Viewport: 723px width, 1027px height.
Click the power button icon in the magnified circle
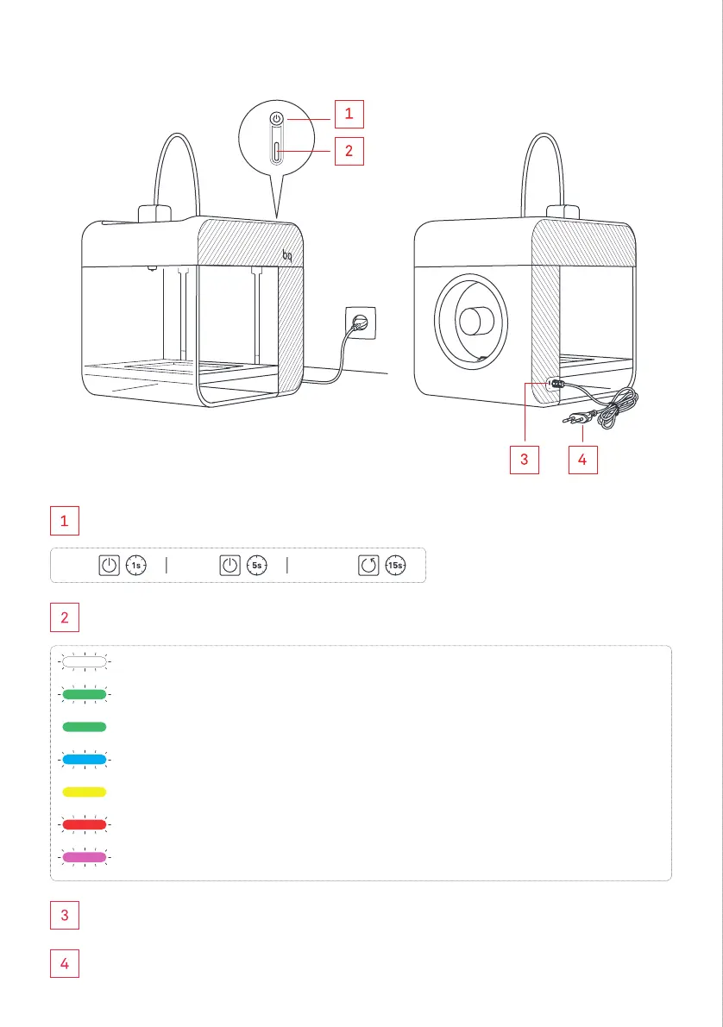[x=276, y=119]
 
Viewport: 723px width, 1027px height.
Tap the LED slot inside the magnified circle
[x=276, y=152]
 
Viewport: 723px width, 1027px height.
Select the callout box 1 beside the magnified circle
[x=349, y=113]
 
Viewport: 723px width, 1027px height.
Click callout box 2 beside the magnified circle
[x=349, y=151]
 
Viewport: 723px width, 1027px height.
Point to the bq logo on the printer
[x=288, y=255]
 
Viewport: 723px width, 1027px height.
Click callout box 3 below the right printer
[x=524, y=460]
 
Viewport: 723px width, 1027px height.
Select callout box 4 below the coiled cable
[x=582, y=460]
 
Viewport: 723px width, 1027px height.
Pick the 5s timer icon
[x=257, y=567]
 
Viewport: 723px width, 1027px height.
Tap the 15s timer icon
[x=396, y=567]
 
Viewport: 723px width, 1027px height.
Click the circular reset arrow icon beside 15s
[x=369, y=567]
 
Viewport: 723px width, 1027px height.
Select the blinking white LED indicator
[x=84, y=662]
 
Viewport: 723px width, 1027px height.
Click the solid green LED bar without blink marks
[x=84, y=727]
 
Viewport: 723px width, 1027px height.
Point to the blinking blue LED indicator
[x=84, y=760]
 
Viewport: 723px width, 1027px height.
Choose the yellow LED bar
[x=84, y=792]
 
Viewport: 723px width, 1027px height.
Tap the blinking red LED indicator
[x=84, y=824]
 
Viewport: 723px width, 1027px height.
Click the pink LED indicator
[x=84, y=857]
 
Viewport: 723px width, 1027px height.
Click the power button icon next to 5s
[x=229, y=567]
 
